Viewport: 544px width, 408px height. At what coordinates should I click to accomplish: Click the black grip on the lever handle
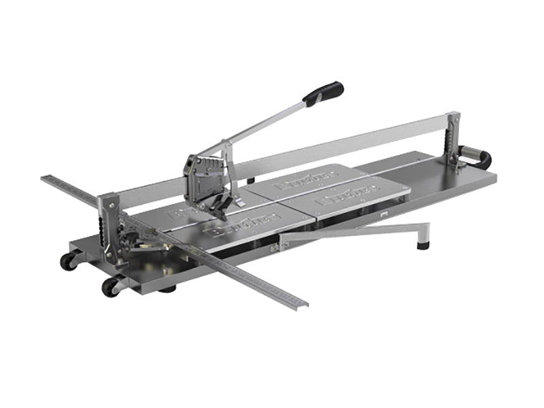(324, 93)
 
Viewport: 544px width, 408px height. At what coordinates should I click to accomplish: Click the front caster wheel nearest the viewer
(110, 286)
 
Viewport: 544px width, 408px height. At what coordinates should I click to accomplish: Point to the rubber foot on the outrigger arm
(424, 242)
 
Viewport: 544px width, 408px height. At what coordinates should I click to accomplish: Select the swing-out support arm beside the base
(354, 232)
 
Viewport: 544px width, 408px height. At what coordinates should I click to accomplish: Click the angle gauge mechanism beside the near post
(133, 235)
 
